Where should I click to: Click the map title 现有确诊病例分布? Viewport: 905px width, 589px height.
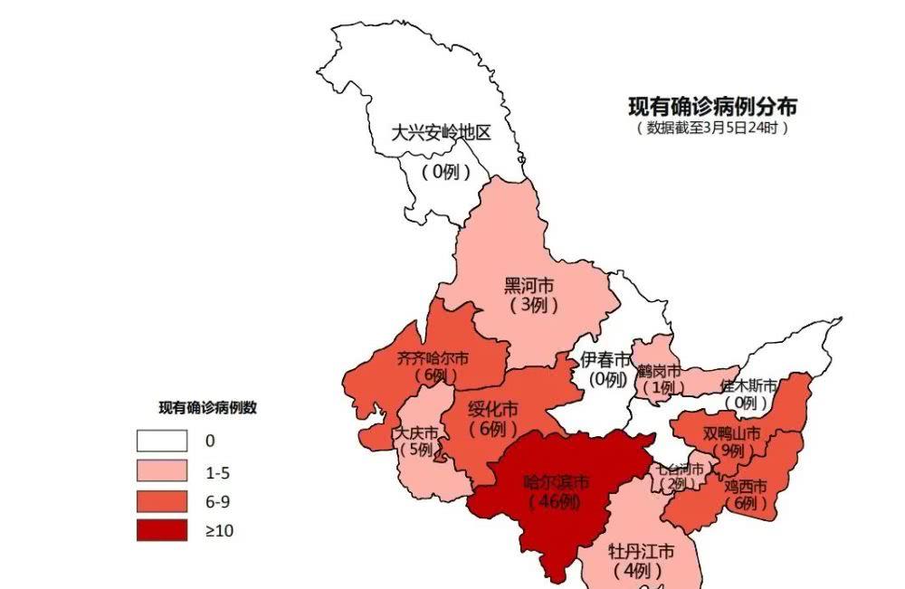click(713, 107)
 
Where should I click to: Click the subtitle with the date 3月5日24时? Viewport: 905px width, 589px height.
click(713, 128)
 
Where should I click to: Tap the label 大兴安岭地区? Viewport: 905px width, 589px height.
click(441, 133)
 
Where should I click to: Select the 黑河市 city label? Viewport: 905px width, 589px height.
click(529, 286)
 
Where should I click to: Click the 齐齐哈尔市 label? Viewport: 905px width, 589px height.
click(433, 358)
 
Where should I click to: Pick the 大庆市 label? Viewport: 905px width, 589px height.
click(415, 432)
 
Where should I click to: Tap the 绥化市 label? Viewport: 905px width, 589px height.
click(493, 410)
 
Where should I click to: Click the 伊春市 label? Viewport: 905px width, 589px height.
click(605, 360)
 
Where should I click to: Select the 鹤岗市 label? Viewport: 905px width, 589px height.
click(658, 370)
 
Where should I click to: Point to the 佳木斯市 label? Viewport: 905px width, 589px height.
click(748, 385)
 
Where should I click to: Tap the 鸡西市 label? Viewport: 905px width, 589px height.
click(745, 485)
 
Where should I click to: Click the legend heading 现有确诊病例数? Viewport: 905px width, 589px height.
click(208, 408)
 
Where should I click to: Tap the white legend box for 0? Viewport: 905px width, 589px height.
click(162, 441)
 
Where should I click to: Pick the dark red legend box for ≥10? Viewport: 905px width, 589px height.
click(162, 530)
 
